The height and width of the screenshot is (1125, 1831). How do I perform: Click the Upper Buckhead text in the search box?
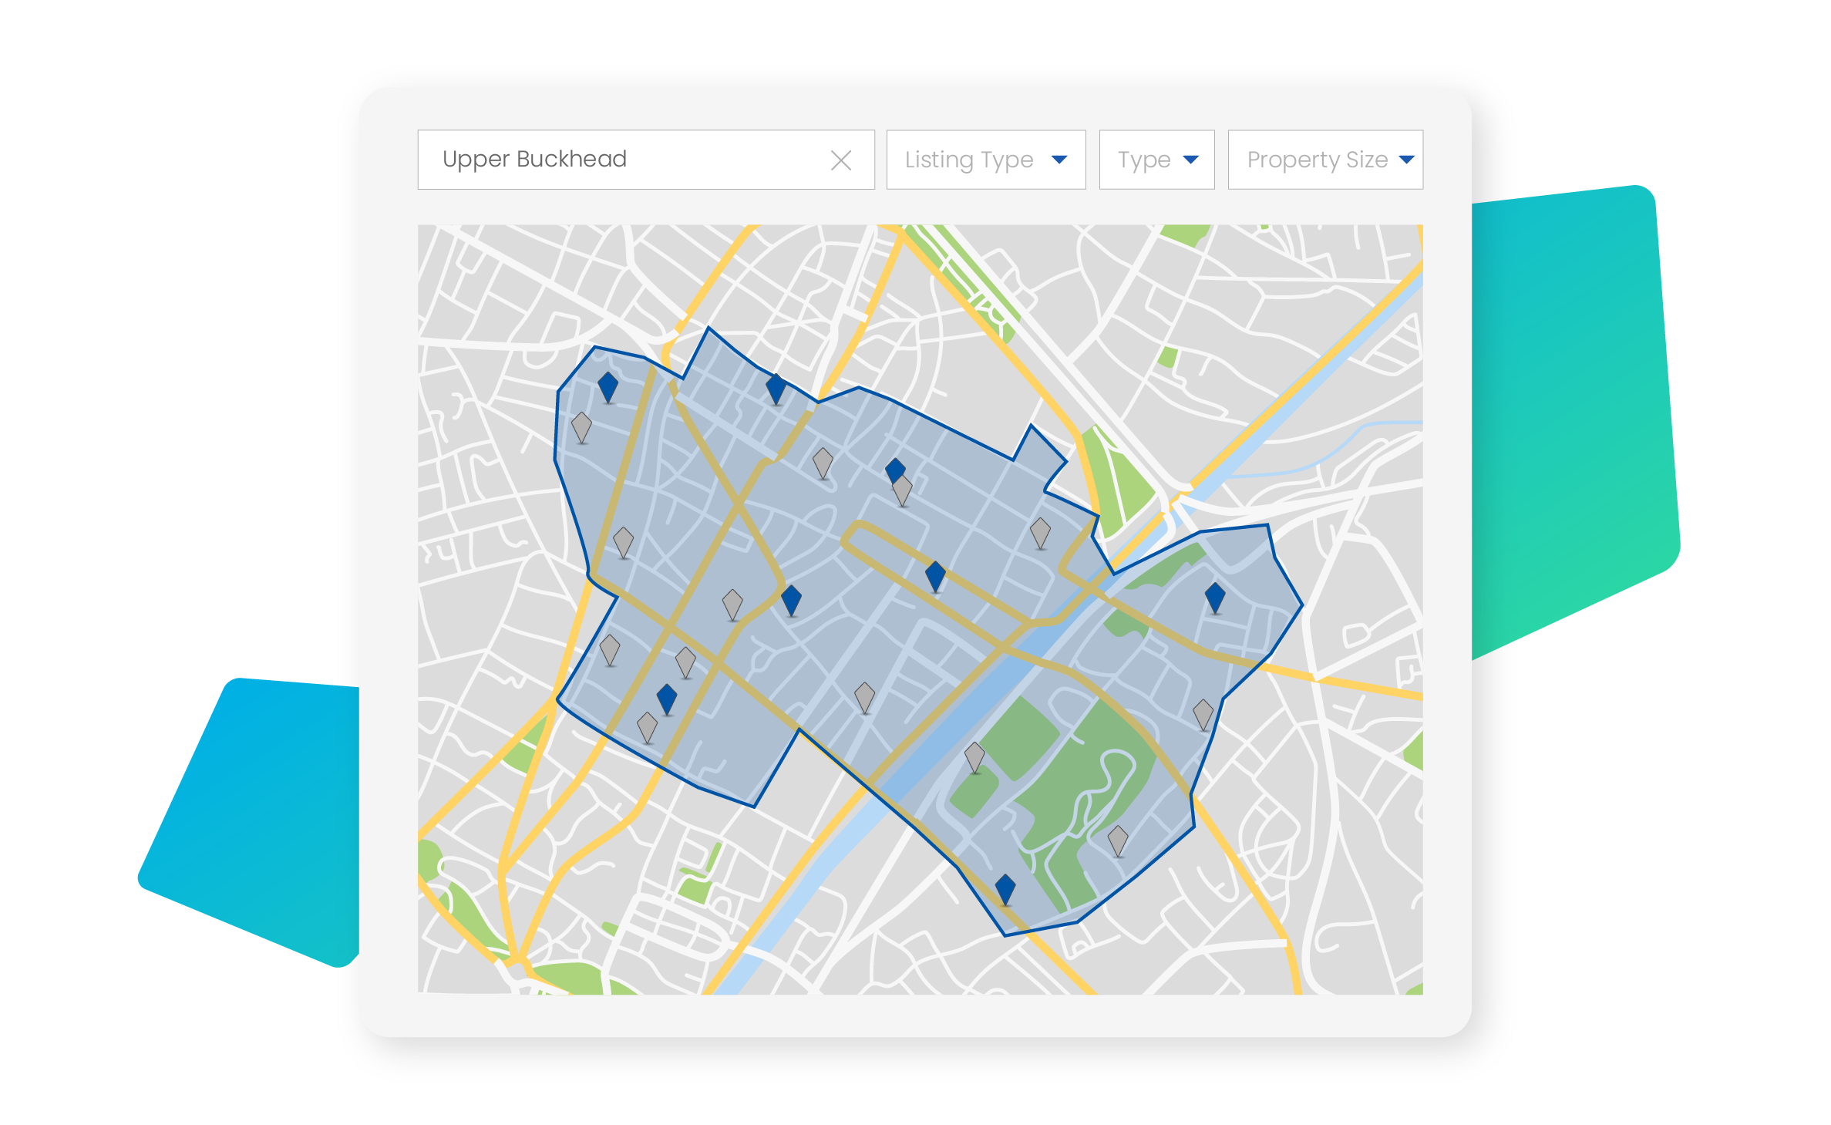tap(534, 159)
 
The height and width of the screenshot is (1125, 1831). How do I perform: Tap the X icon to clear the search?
tap(840, 160)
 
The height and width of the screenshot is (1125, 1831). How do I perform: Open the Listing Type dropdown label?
tap(968, 160)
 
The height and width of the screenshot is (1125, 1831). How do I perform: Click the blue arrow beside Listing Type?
tap(1059, 160)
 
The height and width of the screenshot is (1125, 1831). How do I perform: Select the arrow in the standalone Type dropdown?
tap(1190, 160)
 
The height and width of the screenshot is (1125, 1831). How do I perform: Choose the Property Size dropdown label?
tap(1317, 160)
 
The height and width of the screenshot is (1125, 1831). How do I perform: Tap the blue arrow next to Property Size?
tap(1406, 160)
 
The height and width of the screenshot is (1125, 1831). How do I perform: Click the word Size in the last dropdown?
tap(1366, 160)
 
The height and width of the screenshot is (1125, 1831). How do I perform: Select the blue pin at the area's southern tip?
tap(1005, 888)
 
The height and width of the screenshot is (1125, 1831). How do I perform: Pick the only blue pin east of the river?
tap(1214, 596)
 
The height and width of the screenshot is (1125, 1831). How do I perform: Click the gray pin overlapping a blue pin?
tap(902, 489)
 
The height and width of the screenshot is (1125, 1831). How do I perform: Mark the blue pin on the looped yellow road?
tap(934, 574)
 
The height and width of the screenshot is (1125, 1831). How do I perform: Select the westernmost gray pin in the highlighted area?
tap(581, 426)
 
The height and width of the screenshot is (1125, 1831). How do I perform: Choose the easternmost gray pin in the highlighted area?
tap(1203, 713)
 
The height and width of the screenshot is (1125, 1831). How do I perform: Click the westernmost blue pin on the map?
tap(608, 386)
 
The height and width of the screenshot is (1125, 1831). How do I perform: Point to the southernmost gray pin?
tap(1117, 839)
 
